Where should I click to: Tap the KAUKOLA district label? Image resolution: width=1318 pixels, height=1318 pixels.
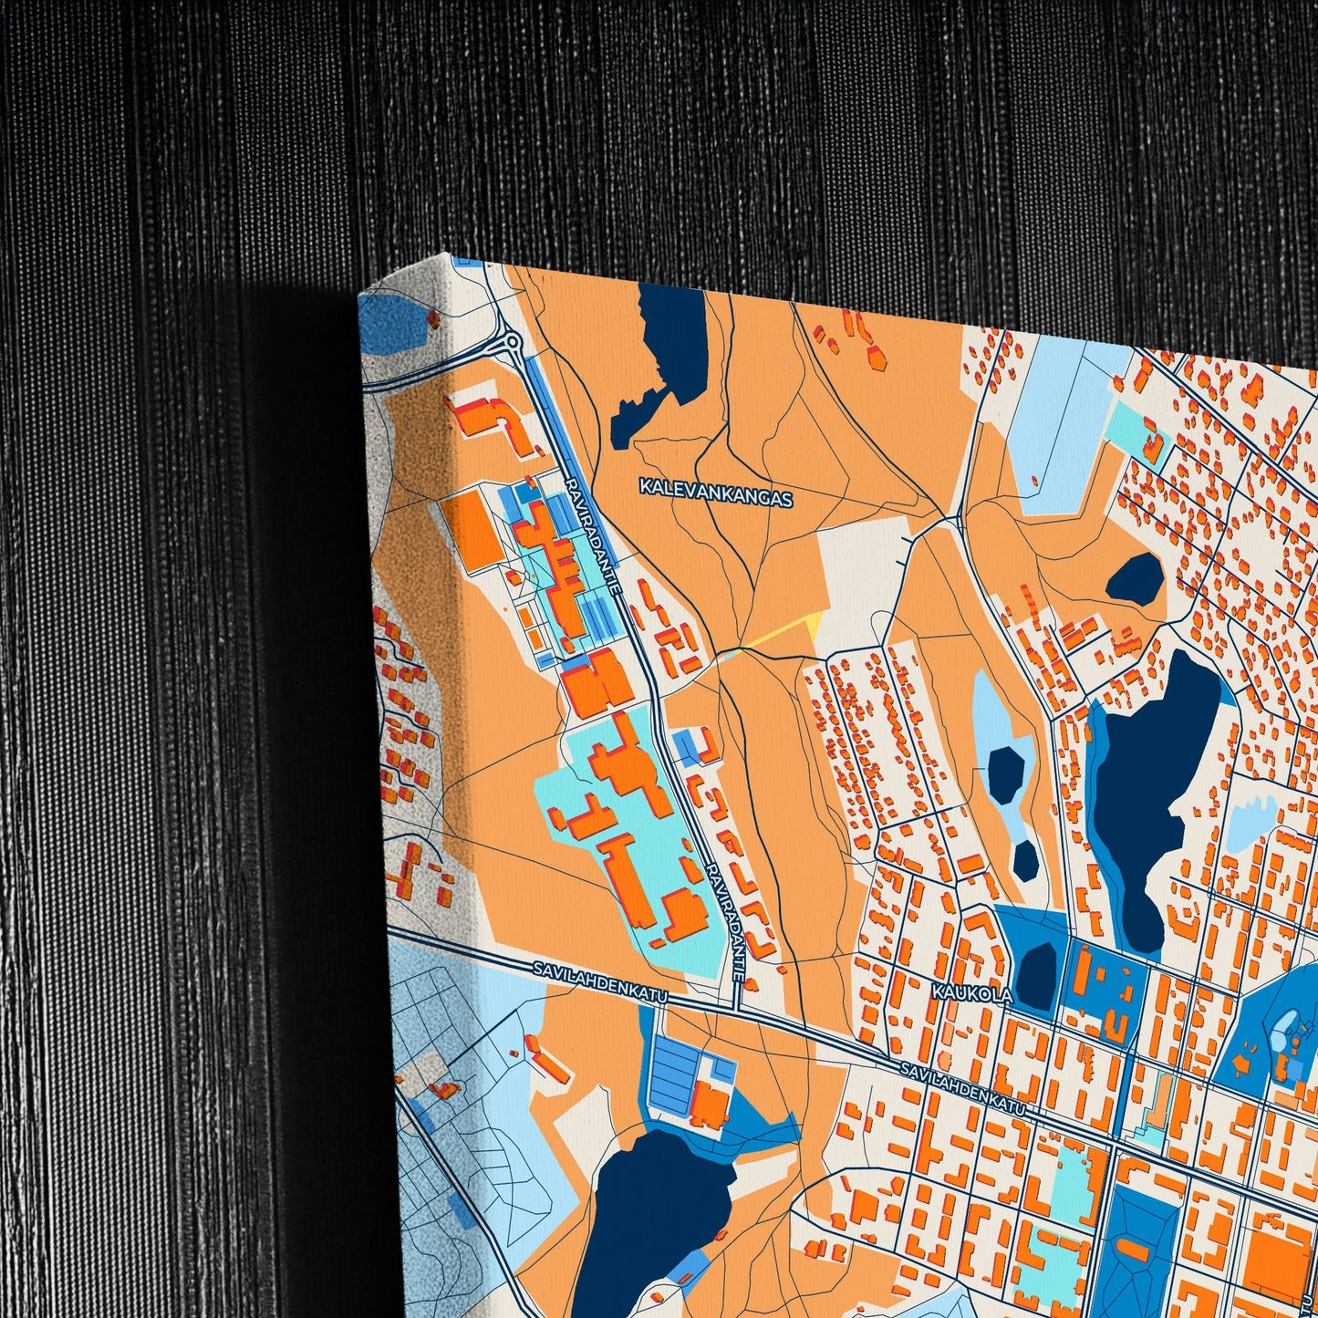[971, 992]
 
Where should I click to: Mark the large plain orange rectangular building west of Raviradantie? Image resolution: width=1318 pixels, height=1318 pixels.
[477, 532]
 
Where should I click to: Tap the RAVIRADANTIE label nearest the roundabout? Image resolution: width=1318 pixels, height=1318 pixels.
[592, 537]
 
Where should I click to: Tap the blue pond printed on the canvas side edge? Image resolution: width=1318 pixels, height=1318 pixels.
[395, 319]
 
